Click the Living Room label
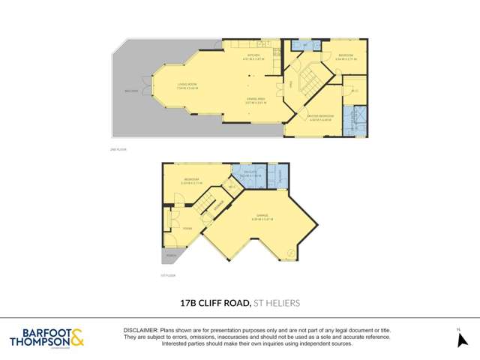[187, 84]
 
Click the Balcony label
[131, 92]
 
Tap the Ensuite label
[244, 175]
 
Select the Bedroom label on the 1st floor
[193, 180]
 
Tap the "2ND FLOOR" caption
[118, 150]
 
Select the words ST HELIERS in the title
[277, 303]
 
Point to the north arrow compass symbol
[462, 338]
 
